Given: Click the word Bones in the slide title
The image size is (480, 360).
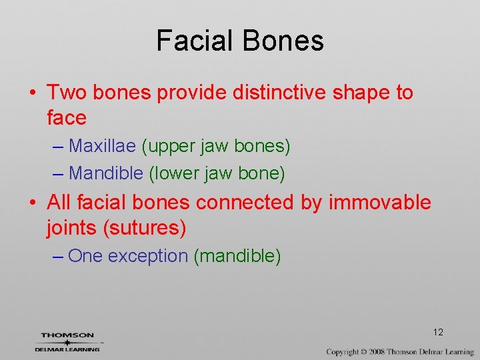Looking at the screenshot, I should click(283, 41).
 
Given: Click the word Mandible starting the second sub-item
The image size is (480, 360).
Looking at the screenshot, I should click(106, 173).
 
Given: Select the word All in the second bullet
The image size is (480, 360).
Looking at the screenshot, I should click(59, 202).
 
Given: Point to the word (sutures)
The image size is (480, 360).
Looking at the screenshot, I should click(143, 228).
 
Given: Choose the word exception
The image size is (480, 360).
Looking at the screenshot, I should click(148, 255).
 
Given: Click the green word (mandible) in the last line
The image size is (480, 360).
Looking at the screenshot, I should click(237, 255).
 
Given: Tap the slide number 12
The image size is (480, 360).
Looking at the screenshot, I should click(438, 332).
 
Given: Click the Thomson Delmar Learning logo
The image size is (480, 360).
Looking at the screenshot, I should click(68, 341).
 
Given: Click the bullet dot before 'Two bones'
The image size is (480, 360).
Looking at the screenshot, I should click(32, 93).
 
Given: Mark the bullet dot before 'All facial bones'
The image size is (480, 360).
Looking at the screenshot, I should click(32, 203).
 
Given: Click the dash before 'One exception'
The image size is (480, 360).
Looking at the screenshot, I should click(58, 256).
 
